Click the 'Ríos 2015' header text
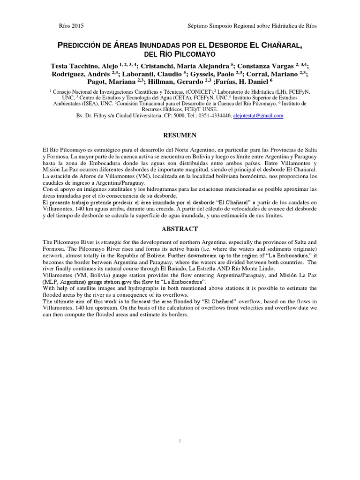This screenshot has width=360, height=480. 70,26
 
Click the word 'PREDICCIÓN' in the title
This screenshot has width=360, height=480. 82,45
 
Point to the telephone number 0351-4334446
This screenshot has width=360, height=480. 214,116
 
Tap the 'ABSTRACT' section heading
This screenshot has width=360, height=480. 180,229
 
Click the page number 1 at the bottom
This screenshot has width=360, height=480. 180,441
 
